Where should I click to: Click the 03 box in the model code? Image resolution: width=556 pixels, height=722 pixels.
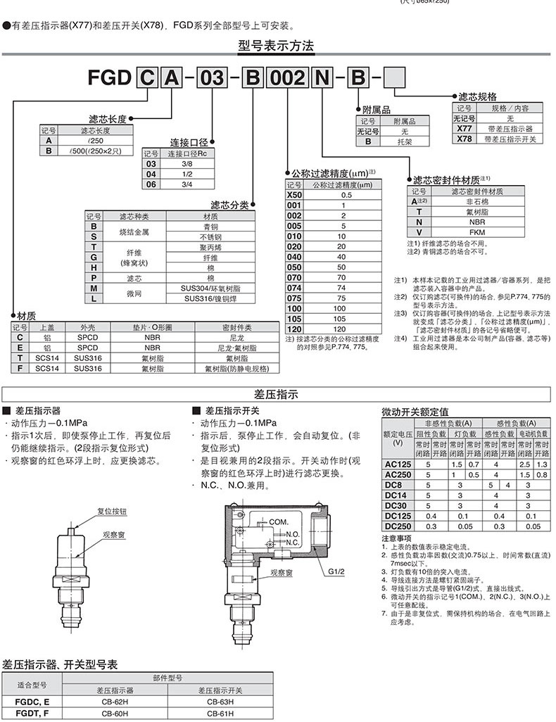(213, 78)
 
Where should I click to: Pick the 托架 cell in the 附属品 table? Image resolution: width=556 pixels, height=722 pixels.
(405, 141)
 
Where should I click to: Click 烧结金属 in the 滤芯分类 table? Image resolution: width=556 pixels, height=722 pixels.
(135, 232)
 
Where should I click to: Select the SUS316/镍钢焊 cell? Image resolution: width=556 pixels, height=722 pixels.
(210, 298)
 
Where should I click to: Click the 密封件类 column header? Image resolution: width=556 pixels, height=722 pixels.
(236, 327)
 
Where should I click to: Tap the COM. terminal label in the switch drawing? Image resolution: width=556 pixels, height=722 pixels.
(278, 521)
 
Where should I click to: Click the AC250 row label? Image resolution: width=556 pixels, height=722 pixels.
(398, 475)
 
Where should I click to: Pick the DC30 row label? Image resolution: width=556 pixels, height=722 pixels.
(398, 505)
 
